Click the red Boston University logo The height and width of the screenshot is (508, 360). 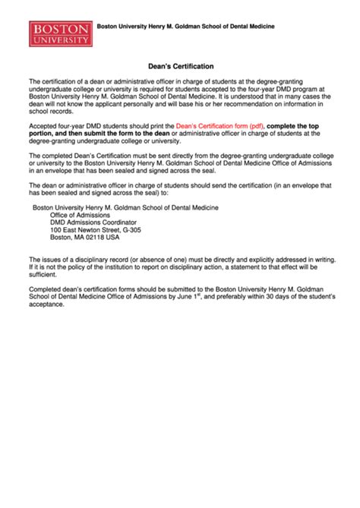tap(60, 33)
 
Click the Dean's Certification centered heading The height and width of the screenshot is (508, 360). tap(180, 67)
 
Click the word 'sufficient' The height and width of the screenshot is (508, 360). tap(45, 273)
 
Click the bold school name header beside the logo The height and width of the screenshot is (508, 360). tap(190, 27)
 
